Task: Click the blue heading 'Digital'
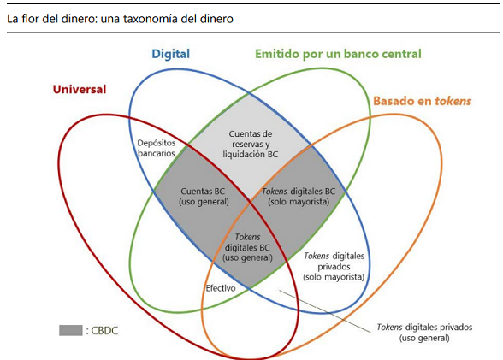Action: coord(171,54)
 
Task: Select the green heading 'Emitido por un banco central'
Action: coord(338,54)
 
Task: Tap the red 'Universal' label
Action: coord(80,89)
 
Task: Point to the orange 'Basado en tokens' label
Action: coord(423,101)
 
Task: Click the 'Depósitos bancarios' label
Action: coord(157,148)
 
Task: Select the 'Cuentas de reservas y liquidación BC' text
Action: coord(250,144)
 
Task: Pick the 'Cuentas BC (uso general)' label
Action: coord(204,196)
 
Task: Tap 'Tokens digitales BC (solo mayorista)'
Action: coord(299,196)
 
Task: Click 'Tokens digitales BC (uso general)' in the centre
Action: coord(247,247)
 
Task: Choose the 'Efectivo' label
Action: coord(221,288)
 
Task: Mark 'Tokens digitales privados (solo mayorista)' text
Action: coord(334,267)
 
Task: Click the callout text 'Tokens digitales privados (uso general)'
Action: coord(424,333)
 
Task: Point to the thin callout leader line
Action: coord(325,311)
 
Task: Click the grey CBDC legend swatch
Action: coord(70,330)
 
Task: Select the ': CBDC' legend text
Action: coord(102,331)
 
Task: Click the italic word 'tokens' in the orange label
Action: coord(453,101)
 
